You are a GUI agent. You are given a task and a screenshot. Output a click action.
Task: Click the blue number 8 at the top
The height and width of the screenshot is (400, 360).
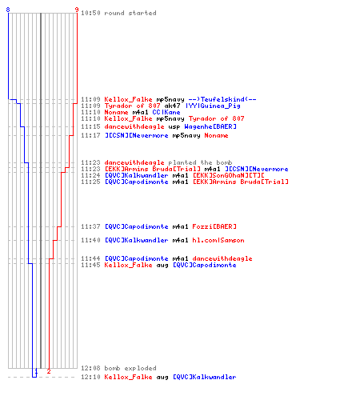tap(8, 10)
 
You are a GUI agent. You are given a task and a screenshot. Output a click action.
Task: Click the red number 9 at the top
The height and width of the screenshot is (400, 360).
tap(77, 10)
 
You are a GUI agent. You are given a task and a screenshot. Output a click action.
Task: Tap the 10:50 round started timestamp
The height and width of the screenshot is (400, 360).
tap(90, 13)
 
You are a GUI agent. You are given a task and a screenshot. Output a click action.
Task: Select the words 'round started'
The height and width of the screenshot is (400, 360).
tap(130, 13)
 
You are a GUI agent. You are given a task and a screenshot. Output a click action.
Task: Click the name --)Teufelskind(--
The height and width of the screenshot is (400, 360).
tap(222, 99)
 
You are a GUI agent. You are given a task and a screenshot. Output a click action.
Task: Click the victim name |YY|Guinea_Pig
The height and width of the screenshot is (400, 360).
tap(213, 106)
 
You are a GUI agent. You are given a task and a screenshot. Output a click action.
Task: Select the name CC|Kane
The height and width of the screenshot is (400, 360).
tap(166, 112)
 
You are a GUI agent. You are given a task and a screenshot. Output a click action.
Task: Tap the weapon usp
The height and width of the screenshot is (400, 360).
tap(174, 126)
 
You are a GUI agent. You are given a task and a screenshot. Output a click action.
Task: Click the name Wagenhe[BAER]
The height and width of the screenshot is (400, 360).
tap(210, 126)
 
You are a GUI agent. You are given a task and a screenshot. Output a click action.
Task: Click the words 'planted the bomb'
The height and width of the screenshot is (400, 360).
tap(200, 162)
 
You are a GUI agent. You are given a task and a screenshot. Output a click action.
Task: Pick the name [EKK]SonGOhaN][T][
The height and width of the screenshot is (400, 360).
tap(228, 175)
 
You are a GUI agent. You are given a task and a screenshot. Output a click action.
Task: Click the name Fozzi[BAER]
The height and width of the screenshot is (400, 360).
tap(214, 226)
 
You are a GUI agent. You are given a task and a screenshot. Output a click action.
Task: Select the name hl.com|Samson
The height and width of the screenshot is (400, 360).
tap(218, 240)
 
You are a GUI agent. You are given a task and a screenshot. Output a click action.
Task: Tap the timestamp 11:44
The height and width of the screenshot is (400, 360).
tap(90, 258)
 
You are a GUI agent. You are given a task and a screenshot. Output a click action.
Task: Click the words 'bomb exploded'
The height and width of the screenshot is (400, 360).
tap(130, 368)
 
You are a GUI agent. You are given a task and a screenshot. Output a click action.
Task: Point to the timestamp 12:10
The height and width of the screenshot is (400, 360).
tap(90, 377)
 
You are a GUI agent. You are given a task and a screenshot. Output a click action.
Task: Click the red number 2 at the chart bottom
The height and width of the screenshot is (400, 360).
tap(49, 371)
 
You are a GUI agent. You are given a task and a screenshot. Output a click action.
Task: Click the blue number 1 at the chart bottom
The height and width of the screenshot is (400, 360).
tap(36, 371)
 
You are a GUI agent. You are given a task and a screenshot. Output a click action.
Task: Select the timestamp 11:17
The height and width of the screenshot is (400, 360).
tap(90, 135)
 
